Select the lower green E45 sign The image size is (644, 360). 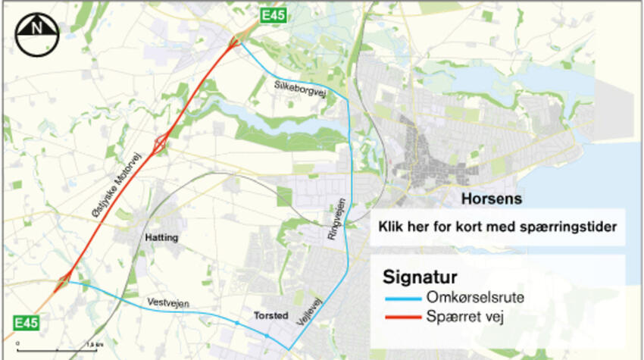25,322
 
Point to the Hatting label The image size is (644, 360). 161,238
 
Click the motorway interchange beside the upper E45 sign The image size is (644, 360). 239,38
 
